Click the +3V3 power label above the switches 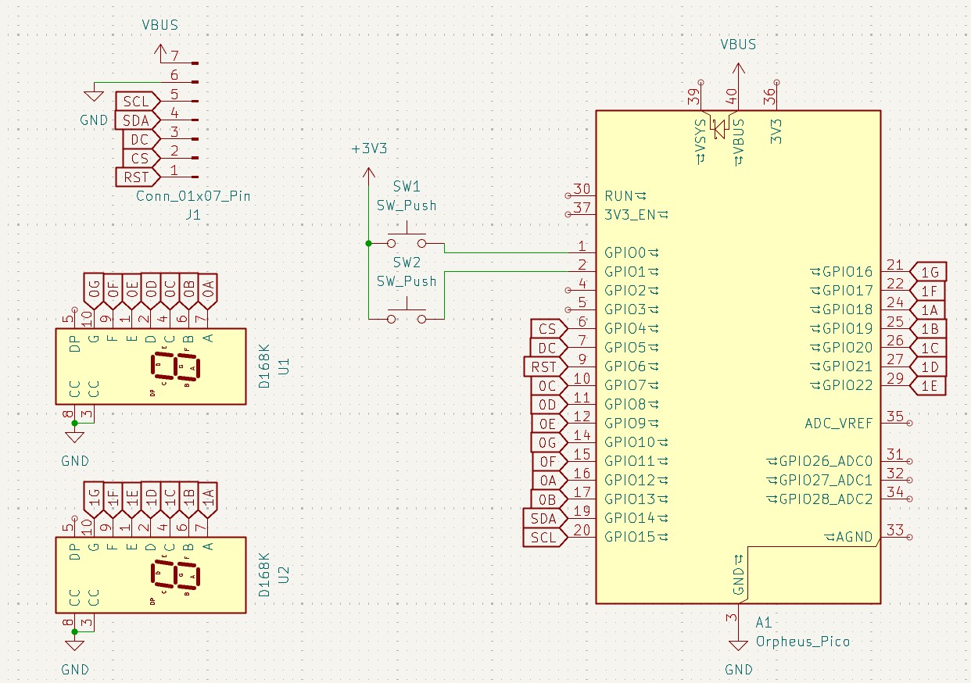click(x=369, y=149)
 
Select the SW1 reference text click(x=407, y=187)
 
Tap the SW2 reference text click(x=407, y=262)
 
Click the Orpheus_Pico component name click(x=802, y=642)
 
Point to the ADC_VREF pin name click(x=838, y=424)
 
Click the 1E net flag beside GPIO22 click(x=930, y=385)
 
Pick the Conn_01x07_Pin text click(x=193, y=196)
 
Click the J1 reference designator click(x=193, y=214)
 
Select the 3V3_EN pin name click(x=630, y=214)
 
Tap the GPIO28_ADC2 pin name click(x=826, y=499)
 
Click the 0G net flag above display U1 click(x=94, y=291)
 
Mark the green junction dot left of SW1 click(x=368, y=244)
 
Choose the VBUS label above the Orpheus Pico click(x=738, y=45)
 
